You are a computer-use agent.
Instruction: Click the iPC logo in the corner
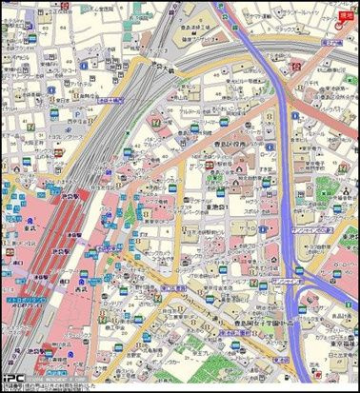tap(11, 375)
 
